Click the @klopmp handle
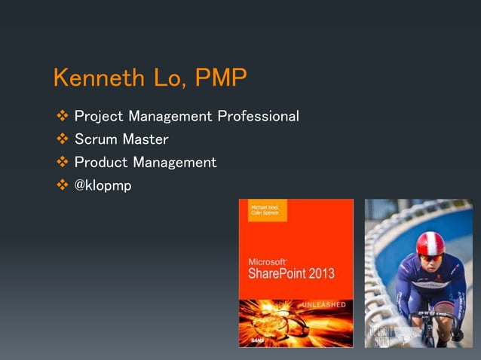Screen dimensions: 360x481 (x=103, y=185)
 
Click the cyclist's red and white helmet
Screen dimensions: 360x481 (x=430, y=243)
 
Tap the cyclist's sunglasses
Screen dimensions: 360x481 (x=430, y=257)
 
